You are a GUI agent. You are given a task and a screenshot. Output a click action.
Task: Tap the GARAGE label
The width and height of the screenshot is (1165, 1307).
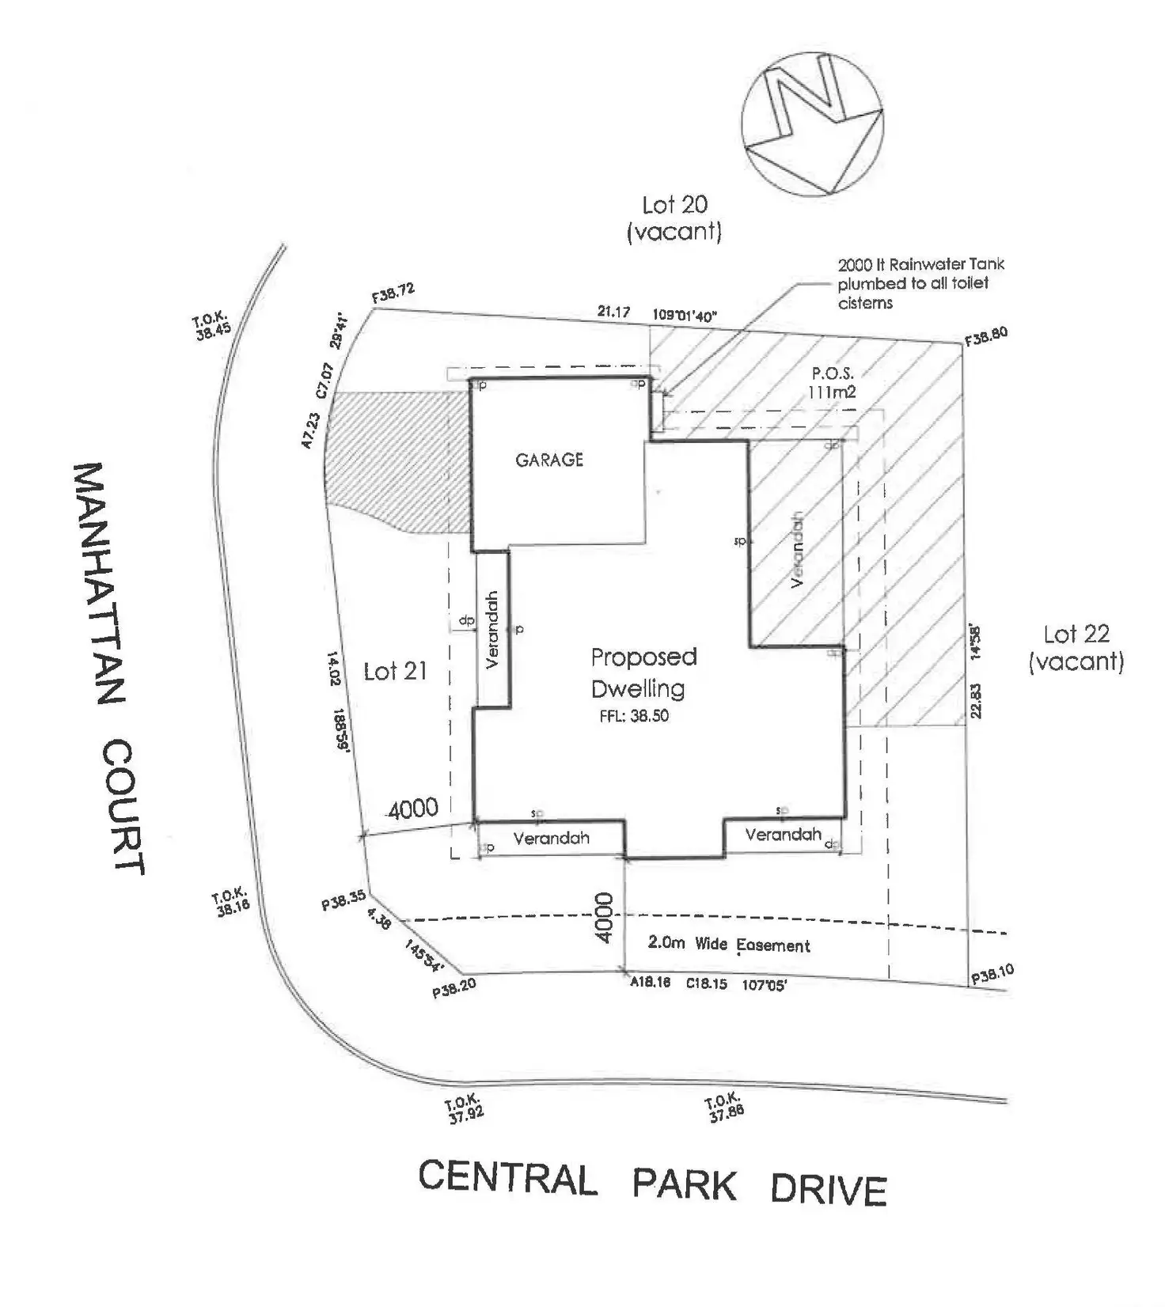[x=549, y=460]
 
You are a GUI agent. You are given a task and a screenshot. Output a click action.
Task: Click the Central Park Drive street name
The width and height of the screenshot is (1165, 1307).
[x=652, y=1183]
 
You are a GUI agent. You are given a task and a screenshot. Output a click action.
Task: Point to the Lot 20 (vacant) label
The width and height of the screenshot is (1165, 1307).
[x=674, y=218]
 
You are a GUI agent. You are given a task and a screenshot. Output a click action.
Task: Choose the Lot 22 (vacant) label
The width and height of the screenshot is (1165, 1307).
[x=1076, y=647]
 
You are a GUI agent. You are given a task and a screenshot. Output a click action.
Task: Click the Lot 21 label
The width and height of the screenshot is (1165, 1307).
[x=395, y=672]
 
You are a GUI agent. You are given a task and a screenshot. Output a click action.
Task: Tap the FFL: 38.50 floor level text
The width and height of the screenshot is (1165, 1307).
[x=636, y=717]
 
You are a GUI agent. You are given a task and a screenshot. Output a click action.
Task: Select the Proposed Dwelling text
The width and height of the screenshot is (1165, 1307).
[x=643, y=672]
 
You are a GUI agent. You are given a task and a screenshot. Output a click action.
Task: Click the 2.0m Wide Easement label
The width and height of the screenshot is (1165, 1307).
[x=729, y=944]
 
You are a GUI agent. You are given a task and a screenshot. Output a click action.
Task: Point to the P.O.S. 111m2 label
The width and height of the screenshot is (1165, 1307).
[x=832, y=382]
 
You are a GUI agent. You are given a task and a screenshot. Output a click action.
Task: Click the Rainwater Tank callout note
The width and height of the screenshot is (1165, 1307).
[x=920, y=283]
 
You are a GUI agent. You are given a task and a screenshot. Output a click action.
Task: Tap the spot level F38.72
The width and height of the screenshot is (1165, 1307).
[x=393, y=294]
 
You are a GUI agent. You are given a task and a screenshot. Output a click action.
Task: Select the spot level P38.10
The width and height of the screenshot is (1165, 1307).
[x=992, y=974]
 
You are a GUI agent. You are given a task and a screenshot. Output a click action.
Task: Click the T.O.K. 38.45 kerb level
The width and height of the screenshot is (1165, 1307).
[x=211, y=325]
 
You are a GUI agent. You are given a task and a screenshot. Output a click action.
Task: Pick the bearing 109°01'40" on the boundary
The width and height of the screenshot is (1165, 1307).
[x=685, y=315]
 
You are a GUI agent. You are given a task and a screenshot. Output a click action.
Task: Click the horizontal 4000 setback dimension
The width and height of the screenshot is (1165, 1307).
[x=412, y=808]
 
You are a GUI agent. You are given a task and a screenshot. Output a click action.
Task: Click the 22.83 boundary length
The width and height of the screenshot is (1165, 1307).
[x=977, y=701]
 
